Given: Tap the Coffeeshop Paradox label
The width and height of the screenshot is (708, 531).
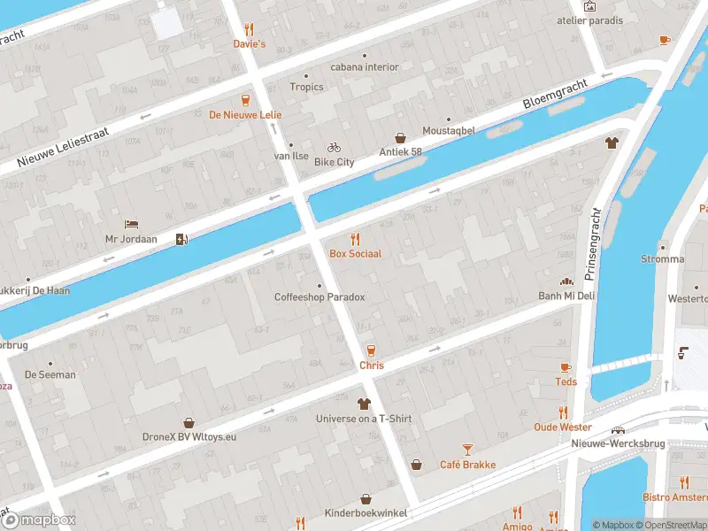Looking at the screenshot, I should (319, 297).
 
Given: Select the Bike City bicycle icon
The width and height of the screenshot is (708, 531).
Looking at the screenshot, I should (334, 148).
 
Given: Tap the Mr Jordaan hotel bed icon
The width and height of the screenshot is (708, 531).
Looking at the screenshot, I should (131, 224).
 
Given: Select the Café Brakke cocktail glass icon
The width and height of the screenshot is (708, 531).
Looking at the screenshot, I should (468, 450).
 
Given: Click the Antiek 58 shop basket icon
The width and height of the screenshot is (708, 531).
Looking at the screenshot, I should (400, 138).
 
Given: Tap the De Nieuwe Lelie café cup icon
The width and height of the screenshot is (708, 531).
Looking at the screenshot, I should (245, 100).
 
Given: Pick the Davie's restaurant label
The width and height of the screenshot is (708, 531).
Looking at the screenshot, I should (250, 43).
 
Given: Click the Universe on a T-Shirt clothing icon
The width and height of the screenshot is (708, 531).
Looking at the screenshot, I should (364, 404).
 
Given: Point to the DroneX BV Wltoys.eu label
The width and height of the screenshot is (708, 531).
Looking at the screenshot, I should (188, 436).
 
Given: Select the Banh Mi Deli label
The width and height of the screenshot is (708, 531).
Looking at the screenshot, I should (566, 296).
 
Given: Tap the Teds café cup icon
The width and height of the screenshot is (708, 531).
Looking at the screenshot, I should (566, 367).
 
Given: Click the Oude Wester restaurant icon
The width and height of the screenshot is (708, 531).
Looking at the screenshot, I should (563, 412).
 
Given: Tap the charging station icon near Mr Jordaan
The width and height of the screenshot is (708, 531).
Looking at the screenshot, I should (181, 239).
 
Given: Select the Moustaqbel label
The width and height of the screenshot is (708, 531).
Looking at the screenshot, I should (448, 130).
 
